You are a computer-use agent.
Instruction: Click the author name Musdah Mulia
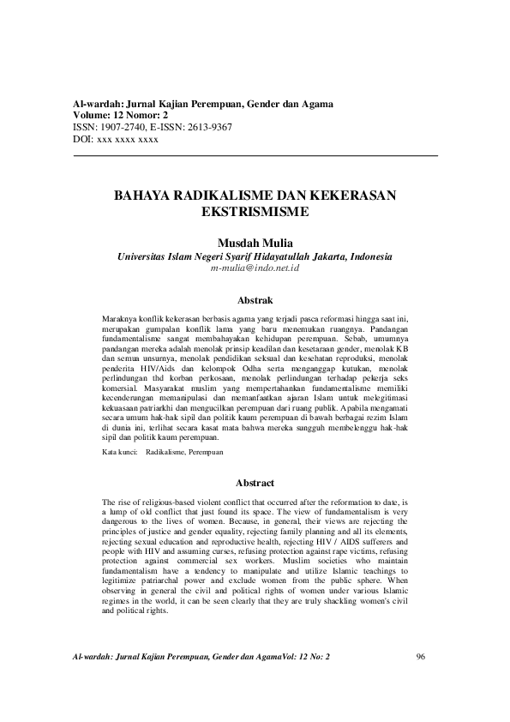pos(255,243)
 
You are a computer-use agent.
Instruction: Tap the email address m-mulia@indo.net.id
pos(255,268)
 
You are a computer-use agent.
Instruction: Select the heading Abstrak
pos(255,300)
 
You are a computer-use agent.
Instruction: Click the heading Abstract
pos(255,483)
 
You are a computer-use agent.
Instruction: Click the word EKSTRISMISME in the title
pos(254,209)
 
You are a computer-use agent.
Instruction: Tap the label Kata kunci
pos(119,450)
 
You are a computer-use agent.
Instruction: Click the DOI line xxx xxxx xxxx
pos(127,138)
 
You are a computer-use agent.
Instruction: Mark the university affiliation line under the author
pos(255,256)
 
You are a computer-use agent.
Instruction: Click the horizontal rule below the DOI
pos(255,154)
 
